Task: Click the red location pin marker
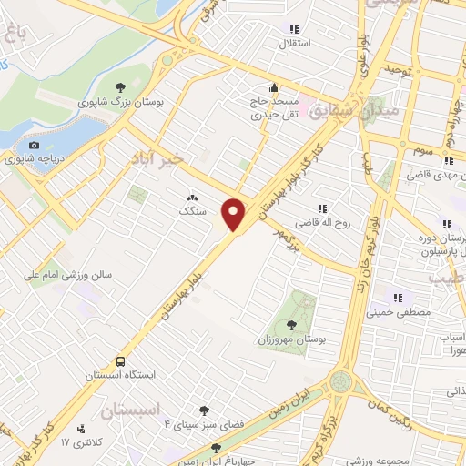[235, 213]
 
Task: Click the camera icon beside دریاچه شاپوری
[34, 146]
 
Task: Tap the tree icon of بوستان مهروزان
[291, 324]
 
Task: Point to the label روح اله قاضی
[317, 222]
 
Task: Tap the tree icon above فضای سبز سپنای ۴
[204, 410]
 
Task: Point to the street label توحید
[400, 69]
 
